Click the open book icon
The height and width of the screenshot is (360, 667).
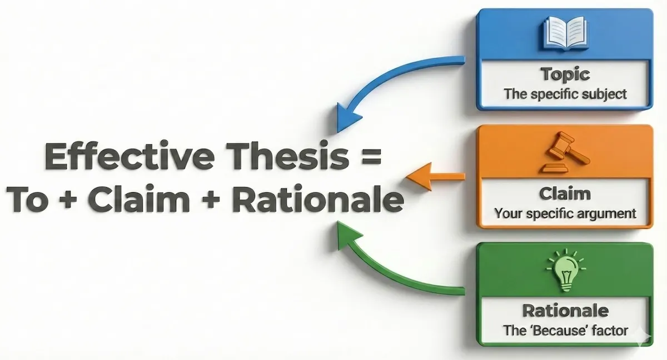(x=565, y=33)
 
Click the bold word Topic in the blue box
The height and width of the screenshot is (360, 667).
(x=565, y=74)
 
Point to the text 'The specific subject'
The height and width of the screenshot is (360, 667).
(x=565, y=93)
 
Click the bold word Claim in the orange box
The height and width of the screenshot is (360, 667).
(x=565, y=194)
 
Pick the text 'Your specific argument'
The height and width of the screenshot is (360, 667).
(x=565, y=213)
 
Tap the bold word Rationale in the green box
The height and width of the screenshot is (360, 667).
(x=565, y=311)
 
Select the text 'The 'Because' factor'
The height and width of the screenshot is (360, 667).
(x=565, y=331)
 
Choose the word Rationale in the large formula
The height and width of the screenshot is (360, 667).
(x=317, y=201)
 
